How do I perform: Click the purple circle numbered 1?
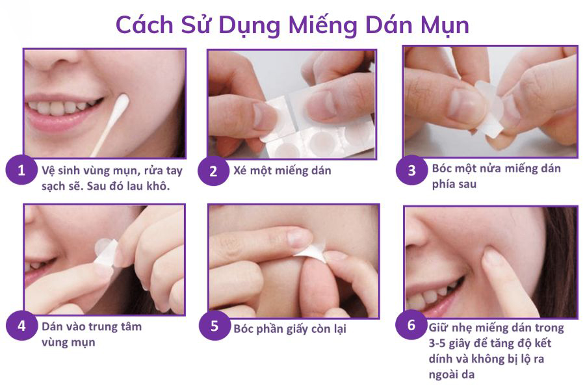coord(21,170)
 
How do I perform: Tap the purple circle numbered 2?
coord(213,171)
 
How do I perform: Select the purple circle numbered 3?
coord(411,170)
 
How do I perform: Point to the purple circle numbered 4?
coord(21,325)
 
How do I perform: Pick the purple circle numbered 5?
coord(214,325)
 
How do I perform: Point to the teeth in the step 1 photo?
coord(62,107)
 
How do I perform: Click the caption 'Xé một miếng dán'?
coord(282,170)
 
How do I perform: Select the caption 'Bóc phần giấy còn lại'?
coord(289,329)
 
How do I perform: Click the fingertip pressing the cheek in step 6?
coord(493,257)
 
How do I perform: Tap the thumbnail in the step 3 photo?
coord(463,103)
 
